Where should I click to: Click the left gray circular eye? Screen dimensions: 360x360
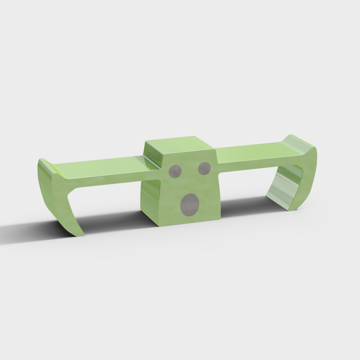point(175,171)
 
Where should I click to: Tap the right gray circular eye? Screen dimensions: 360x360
point(204,168)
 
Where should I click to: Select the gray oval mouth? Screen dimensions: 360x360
point(190,204)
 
